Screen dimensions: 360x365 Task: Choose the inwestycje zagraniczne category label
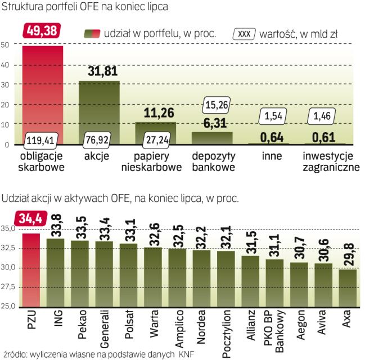(330, 160)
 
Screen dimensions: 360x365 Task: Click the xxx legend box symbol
(245, 34)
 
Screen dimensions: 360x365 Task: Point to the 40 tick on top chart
(5, 65)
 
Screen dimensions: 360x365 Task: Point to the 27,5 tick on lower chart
(8, 287)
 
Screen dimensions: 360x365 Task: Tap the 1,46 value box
(324, 118)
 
